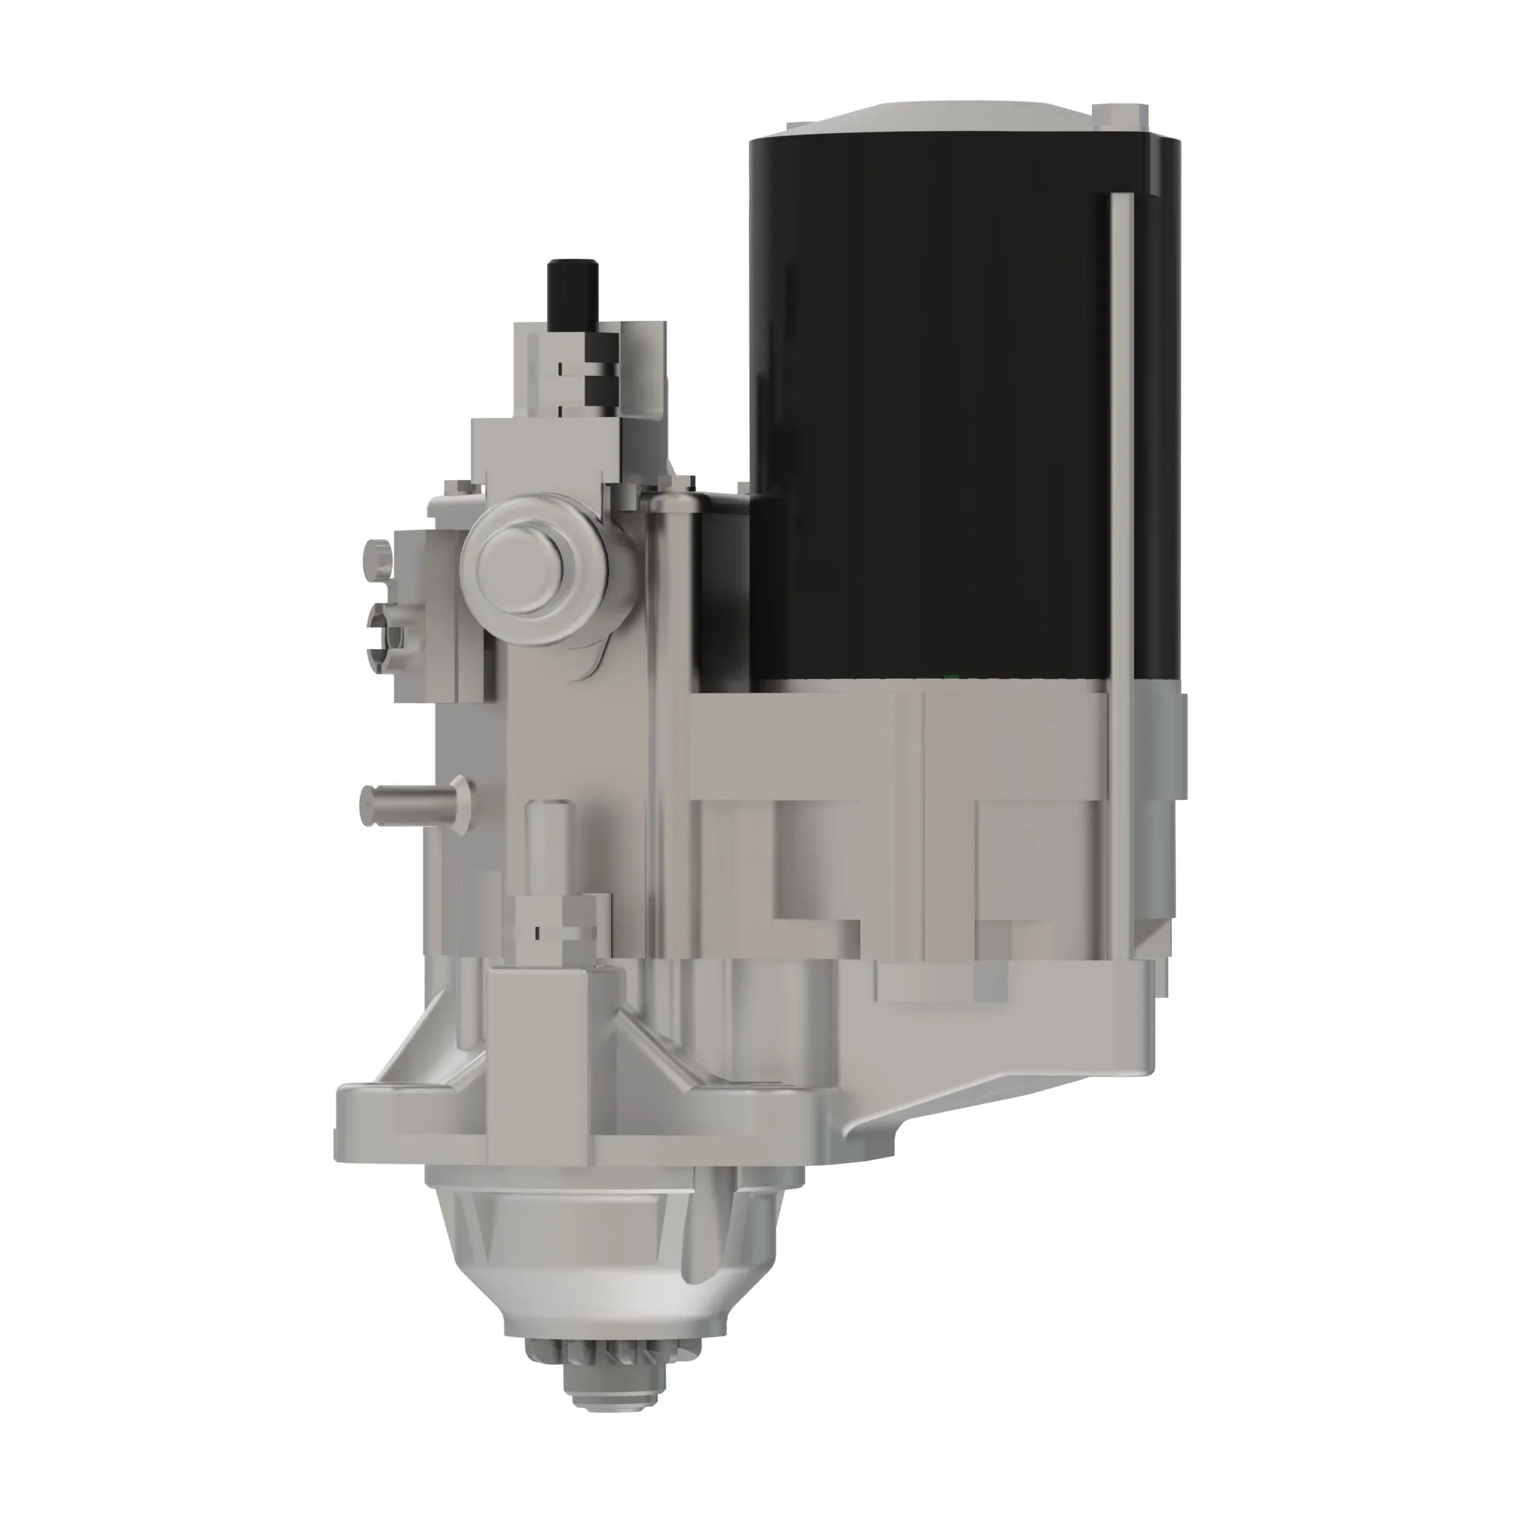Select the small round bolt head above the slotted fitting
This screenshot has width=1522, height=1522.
[377, 556]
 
